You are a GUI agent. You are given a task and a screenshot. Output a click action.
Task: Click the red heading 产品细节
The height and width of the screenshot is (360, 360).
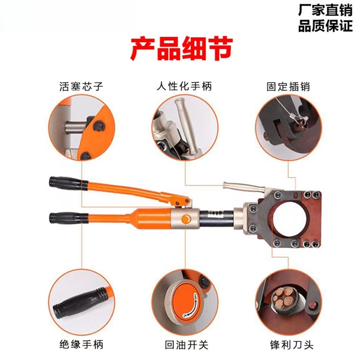(182, 49)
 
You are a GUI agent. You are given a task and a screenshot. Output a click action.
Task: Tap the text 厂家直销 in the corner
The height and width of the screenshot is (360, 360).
(325, 10)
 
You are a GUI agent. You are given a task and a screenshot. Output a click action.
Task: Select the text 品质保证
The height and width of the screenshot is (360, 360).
(325, 26)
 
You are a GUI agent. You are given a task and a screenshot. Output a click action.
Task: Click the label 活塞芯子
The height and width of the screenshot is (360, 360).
(81, 87)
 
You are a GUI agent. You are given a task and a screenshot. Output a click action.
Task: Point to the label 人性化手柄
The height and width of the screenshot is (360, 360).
(184, 87)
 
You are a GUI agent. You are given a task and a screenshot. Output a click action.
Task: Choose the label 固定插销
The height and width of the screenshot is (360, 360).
(288, 87)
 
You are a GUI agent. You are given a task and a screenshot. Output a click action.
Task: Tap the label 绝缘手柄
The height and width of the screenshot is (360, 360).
(81, 344)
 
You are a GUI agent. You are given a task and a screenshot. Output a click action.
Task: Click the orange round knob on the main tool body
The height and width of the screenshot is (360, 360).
(186, 219)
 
